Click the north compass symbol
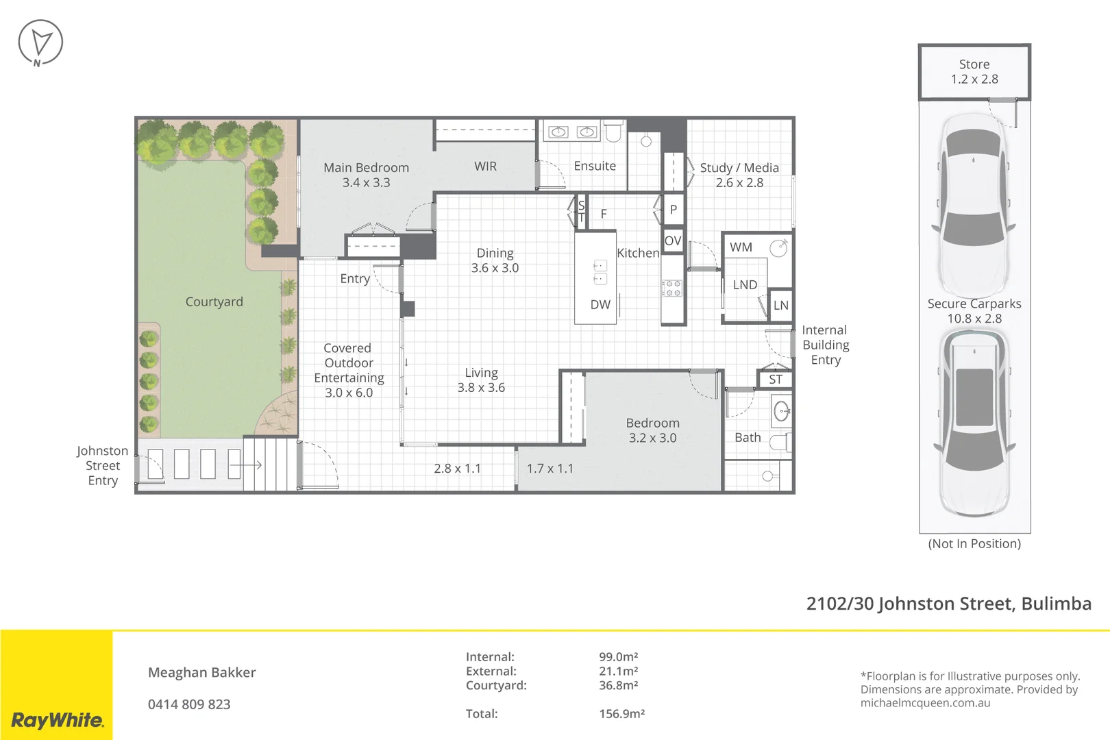pos(40,42)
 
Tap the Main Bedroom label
pos(366,168)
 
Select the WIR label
pos(485,166)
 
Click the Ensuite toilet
pos(613,130)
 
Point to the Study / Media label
pos(739,168)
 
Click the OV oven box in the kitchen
pos(673,241)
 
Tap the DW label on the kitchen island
pos(600,305)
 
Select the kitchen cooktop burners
pos(671,288)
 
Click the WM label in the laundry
pos(741,247)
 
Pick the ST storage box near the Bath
pos(775,380)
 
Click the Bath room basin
pos(781,412)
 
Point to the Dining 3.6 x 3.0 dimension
pos(495,268)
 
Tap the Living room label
pos(481,373)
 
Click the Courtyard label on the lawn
pos(214,302)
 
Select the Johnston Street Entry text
pos(102,466)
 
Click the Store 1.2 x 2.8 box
pos(974,72)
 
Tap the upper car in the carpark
pos(974,206)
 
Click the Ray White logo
pos(57,719)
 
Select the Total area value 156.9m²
pos(621,714)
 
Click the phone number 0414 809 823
pos(189,704)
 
